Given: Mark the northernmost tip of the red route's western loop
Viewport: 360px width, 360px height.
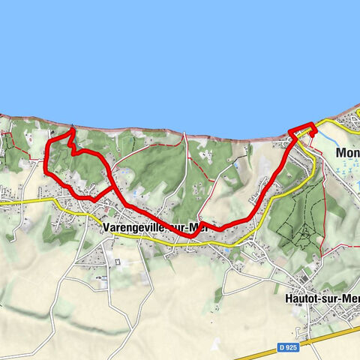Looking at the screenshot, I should (71, 130).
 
